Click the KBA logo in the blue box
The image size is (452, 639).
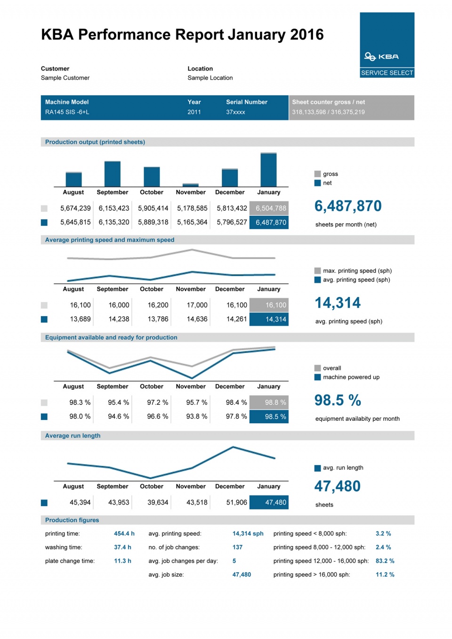coord(381,57)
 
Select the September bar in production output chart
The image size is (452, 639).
coord(113,174)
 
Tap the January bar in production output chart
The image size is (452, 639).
coord(269,170)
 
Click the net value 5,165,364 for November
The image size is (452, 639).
coord(192,222)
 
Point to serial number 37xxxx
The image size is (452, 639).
coord(235,112)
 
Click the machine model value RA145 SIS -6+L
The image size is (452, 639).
coord(67,112)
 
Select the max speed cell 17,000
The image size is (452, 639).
coord(197,305)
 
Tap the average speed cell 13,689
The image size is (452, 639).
coord(80,319)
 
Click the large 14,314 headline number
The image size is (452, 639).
coord(338,303)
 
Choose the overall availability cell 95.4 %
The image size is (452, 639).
coord(118,402)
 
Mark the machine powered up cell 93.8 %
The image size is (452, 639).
coord(196,417)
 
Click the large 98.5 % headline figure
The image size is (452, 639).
coord(338,401)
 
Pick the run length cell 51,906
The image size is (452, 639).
coord(236,502)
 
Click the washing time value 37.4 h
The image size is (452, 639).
coord(122,547)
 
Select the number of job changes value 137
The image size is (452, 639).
coord(237,547)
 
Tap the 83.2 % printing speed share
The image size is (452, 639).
coord(385,561)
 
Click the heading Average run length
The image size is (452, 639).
coord(73,436)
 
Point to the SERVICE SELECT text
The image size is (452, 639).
coord(387,73)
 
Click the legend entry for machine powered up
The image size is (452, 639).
coord(351,377)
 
